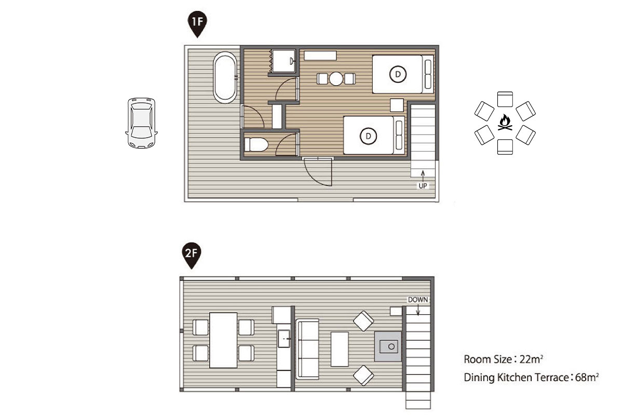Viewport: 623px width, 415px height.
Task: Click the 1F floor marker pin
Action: pyautogui.click(x=197, y=24)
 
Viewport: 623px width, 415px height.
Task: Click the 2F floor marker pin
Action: pyautogui.click(x=192, y=255)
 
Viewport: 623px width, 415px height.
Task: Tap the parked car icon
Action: pyautogui.click(x=141, y=123)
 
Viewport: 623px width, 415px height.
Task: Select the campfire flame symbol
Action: pyautogui.click(x=505, y=123)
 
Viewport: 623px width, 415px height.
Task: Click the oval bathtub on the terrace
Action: pyautogui.click(x=225, y=77)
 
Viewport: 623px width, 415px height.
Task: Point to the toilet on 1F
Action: pyautogui.click(x=256, y=145)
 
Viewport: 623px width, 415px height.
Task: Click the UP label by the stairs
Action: pyautogui.click(x=423, y=185)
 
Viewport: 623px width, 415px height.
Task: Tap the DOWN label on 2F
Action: pyautogui.click(x=418, y=300)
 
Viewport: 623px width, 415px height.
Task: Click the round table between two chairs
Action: pyautogui.click(x=336, y=79)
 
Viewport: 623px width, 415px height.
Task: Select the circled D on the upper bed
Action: pyautogui.click(x=398, y=74)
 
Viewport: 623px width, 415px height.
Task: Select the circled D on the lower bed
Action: pyautogui.click(x=368, y=136)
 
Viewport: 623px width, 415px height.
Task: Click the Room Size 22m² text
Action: pyautogui.click(x=504, y=359)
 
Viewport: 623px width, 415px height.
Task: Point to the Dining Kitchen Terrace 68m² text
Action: pyautogui.click(x=531, y=378)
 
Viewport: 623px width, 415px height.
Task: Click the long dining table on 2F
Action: pyautogui.click(x=223, y=340)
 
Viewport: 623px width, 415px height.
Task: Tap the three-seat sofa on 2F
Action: pyautogui.click(x=307, y=349)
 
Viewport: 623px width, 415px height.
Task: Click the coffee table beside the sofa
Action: pyautogui.click(x=340, y=349)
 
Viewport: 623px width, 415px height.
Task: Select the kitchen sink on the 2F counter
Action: pyautogui.click(x=284, y=339)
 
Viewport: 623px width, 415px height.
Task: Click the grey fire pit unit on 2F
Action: pyautogui.click(x=388, y=346)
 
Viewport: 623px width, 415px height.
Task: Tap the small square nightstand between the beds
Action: pyautogui.click(x=397, y=105)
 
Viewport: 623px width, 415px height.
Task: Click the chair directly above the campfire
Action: pyautogui.click(x=505, y=99)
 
